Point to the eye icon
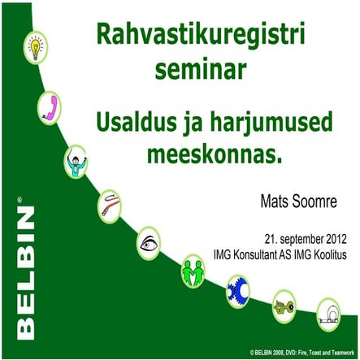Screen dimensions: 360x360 [149, 241]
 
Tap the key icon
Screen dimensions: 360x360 [285, 304]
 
